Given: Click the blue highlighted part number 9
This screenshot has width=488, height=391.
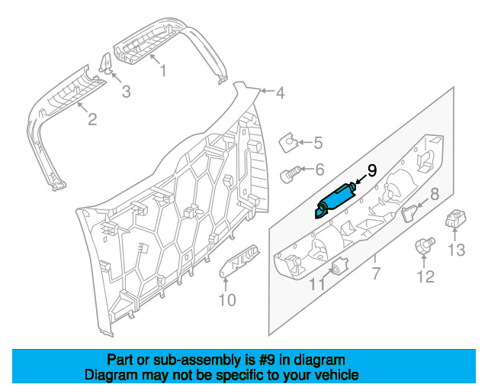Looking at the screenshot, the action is [x=335, y=201].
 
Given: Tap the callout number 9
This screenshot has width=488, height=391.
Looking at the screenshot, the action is [x=372, y=170].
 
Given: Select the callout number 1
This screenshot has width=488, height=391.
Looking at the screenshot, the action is [x=163, y=70].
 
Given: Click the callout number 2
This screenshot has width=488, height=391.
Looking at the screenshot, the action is [x=92, y=119].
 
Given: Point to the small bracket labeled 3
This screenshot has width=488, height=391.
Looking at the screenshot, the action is [x=106, y=63].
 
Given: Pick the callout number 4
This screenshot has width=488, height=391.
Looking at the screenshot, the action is [x=280, y=93].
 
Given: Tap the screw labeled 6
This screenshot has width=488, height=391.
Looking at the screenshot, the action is [x=291, y=175].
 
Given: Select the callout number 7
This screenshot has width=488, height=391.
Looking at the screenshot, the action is [x=376, y=273].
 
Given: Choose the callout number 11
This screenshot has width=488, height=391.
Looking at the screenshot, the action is [x=317, y=284].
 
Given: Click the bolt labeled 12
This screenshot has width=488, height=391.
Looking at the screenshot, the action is [x=425, y=245].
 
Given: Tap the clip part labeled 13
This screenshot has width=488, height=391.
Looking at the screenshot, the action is [x=454, y=218].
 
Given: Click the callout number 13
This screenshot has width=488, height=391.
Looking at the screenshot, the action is [x=457, y=250].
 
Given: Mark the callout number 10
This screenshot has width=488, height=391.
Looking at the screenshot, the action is [x=227, y=300].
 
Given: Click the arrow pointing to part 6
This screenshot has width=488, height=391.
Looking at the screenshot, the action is [x=307, y=170].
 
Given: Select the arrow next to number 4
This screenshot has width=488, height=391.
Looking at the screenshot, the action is [x=268, y=91].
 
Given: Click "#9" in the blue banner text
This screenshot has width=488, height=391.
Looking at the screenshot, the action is [x=266, y=360].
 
